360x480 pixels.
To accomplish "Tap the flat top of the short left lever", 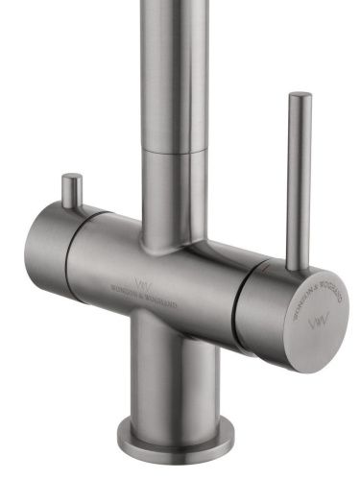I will tap(71, 178).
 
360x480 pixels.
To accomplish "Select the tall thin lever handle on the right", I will tap(298, 173).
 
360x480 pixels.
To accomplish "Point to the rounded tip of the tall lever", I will tap(300, 96).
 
